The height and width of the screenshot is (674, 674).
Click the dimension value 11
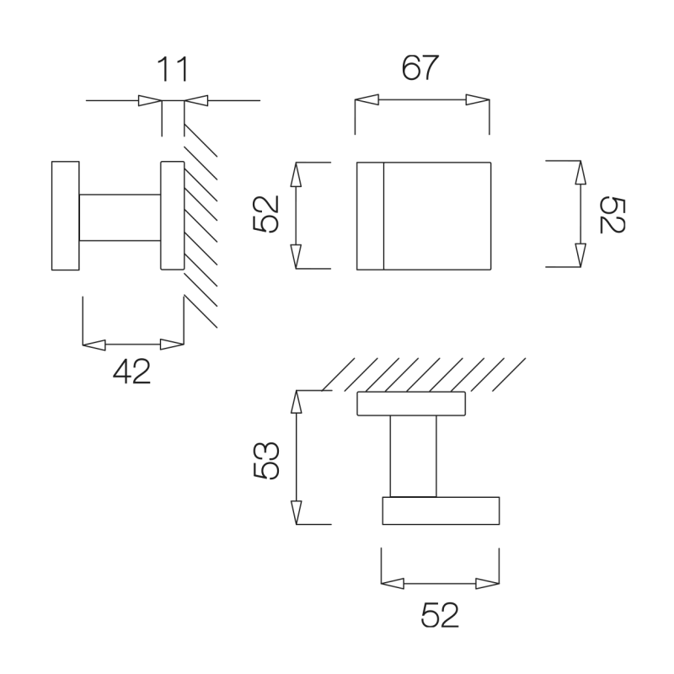(173, 69)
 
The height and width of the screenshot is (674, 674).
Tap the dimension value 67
(420, 67)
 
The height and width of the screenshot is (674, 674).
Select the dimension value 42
(132, 372)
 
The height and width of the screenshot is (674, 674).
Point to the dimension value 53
(266, 460)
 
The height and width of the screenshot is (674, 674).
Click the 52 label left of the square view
(266, 214)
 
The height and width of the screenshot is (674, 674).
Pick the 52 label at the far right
(612, 215)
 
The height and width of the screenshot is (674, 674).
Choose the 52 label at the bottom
(440, 615)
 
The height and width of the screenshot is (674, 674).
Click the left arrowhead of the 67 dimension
(366, 99)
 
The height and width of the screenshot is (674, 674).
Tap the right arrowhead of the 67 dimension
(478, 99)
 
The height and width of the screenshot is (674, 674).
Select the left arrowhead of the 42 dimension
(94, 345)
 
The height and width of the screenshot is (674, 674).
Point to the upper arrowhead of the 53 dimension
(297, 402)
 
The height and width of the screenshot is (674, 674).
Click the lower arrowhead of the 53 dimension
(297, 513)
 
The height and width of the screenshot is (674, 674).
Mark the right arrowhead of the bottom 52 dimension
(488, 584)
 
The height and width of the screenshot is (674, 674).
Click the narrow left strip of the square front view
(370, 217)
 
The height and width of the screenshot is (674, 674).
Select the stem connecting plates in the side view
(120, 217)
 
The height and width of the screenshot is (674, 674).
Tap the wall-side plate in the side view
(173, 216)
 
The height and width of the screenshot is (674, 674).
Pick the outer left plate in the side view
(66, 216)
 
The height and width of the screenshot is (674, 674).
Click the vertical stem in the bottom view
(413, 457)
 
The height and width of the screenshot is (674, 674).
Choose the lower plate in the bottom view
(441, 511)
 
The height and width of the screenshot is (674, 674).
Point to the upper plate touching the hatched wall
(411, 404)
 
